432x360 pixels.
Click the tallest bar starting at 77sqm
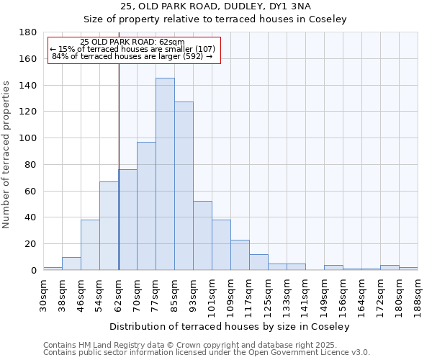(165, 174)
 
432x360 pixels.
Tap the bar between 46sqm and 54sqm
(90, 245)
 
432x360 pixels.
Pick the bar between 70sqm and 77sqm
(146, 206)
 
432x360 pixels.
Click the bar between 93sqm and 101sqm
(202, 235)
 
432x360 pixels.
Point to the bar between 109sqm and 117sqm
(240, 255)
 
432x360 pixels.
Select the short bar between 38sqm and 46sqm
(71, 264)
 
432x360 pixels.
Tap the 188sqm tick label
(418, 295)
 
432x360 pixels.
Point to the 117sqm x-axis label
(249, 295)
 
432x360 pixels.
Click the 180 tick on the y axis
(29, 32)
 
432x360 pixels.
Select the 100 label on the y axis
(29, 138)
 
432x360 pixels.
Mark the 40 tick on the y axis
(32, 217)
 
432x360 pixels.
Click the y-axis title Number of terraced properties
(7, 155)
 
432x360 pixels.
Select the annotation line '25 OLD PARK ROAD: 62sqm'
(132, 42)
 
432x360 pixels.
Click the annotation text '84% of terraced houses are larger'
(132, 56)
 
